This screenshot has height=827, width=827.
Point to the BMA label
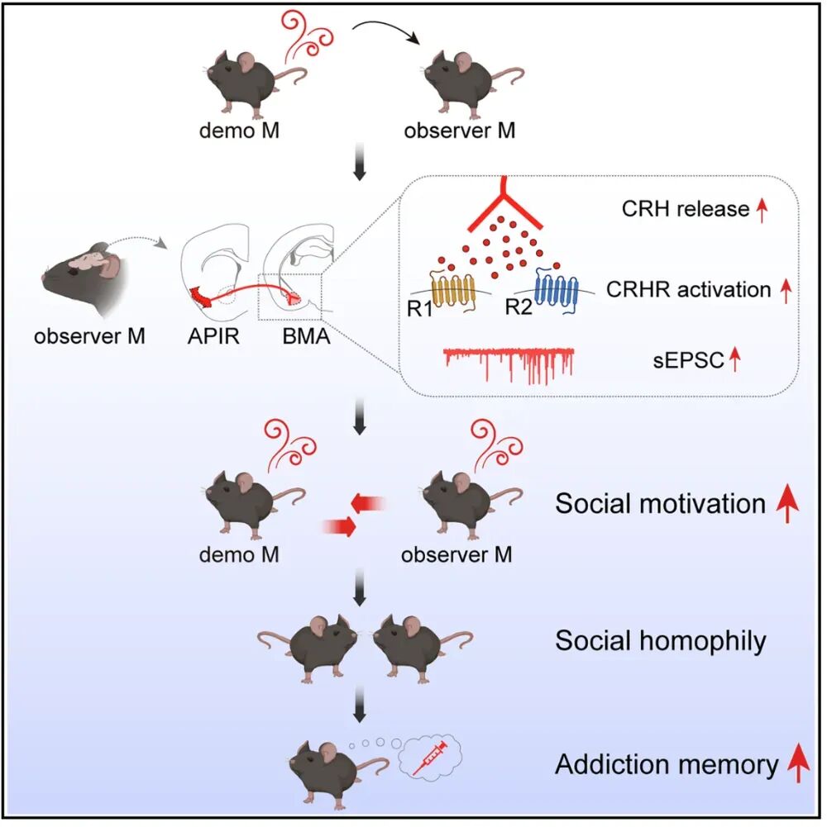pyautogui.click(x=298, y=336)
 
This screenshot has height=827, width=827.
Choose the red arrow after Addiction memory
pyautogui.click(x=797, y=764)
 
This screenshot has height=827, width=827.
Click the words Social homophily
pyautogui.click(x=660, y=640)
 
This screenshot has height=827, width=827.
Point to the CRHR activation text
pyautogui.click(x=689, y=290)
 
